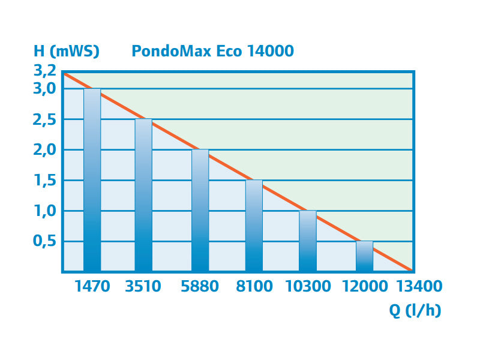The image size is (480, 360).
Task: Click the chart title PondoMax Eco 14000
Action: [x=212, y=51]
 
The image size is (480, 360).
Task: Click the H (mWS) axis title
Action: [x=66, y=51]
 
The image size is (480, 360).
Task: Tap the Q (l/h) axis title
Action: [x=415, y=311]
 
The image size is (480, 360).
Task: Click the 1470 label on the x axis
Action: [x=92, y=286]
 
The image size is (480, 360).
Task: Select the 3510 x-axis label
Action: [x=143, y=286]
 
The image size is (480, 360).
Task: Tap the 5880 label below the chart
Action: [x=200, y=286]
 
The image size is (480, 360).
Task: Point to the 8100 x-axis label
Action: [x=254, y=286]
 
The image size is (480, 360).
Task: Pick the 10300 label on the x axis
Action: [x=308, y=286]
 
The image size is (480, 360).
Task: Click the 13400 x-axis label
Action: [x=419, y=286]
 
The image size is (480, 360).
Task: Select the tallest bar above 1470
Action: [x=92, y=180]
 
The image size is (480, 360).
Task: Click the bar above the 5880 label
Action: [x=200, y=210]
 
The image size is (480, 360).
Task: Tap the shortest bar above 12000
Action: [x=364, y=257]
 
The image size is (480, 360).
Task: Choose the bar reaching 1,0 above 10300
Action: [x=308, y=241]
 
